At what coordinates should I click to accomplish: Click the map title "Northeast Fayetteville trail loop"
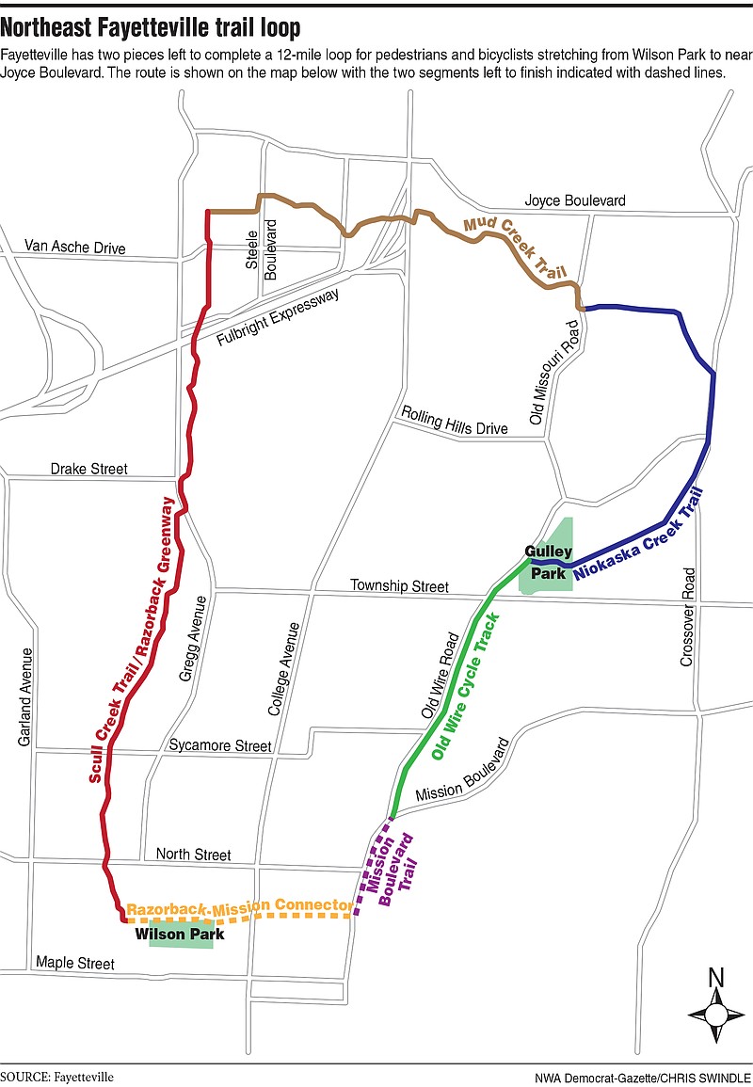pos(151,28)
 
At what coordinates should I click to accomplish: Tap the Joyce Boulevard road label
pos(574,201)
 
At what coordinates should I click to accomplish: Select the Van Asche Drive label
pos(74,248)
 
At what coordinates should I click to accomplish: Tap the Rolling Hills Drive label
pos(455,421)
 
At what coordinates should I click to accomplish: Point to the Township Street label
pos(399,586)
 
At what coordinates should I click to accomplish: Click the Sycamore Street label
pos(220,745)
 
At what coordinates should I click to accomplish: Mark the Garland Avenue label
pos(25,697)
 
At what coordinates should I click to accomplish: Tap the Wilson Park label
pos(180,935)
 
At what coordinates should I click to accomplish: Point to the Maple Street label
pos(74,963)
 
